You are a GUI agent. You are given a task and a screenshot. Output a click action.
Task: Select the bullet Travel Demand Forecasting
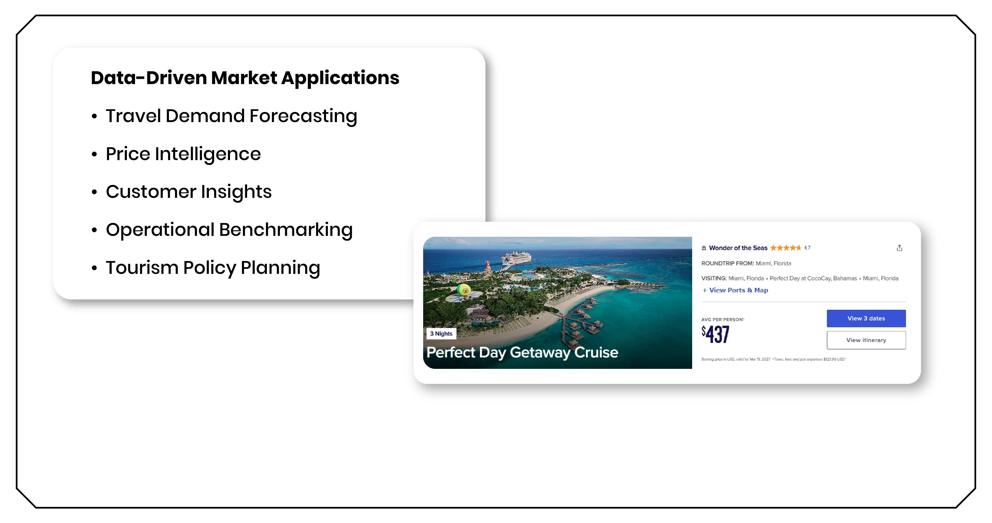[231, 116]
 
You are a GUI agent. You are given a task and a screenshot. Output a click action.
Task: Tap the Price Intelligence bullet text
[183, 154]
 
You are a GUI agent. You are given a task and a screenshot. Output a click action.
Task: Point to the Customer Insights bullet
[189, 192]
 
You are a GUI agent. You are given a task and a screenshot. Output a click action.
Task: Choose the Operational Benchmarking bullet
[229, 230]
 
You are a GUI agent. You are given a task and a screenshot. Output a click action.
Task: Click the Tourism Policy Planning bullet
[213, 267]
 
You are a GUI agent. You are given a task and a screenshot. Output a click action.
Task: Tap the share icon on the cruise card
[899, 248]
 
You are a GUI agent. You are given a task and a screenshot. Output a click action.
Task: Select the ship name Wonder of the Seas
[738, 248]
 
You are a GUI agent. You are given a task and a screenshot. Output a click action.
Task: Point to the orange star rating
[785, 248]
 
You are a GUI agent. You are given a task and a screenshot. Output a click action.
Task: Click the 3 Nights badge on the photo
[441, 334]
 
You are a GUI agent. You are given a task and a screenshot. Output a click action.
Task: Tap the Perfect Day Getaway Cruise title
[522, 352]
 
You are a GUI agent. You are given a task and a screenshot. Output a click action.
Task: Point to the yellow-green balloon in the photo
[464, 290]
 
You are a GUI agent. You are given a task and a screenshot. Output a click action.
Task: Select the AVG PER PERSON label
[722, 319]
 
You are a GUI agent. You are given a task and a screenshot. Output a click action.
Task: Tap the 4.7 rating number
[807, 248]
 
